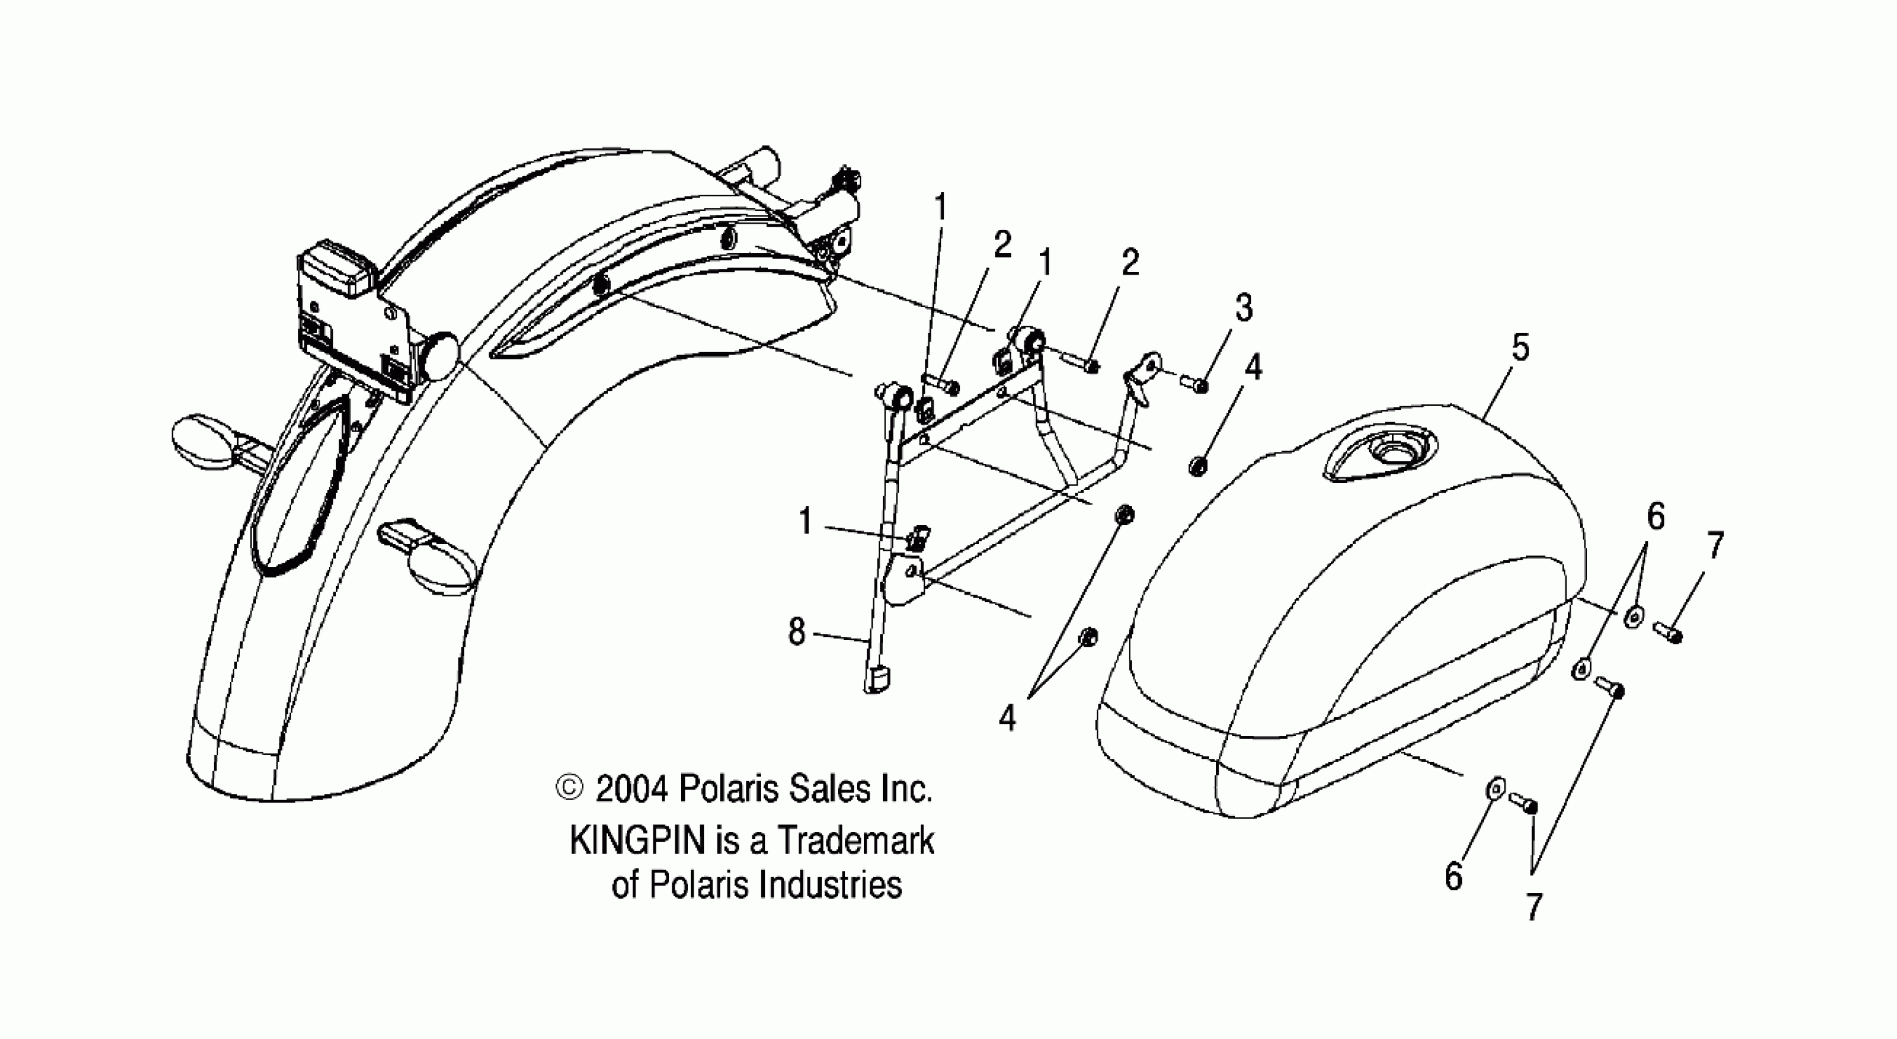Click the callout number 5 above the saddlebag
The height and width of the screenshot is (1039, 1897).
pos(1520,348)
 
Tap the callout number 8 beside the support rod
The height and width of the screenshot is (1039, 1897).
pos(797,632)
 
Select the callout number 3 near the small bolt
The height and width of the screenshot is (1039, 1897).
pos(1244,308)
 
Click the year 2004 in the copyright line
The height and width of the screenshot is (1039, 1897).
pos(632,790)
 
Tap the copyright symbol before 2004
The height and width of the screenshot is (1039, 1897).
pos(568,788)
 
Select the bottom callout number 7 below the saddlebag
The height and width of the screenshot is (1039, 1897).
pos(1534,907)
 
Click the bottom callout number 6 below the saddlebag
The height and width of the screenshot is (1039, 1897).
pos(1453,876)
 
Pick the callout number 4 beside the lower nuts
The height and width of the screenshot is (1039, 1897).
pos(1007,716)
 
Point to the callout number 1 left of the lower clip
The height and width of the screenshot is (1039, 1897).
pos(805,522)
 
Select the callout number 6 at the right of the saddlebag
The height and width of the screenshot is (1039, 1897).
pos(1656,518)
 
